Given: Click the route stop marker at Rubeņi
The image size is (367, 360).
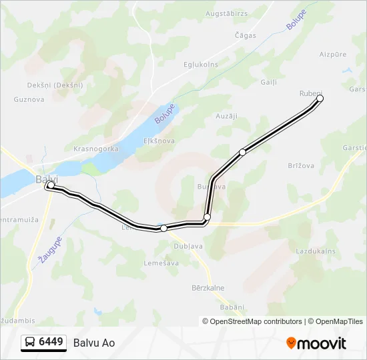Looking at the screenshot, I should pyautogui.click(x=320, y=99).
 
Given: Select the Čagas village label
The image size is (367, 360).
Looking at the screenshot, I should pyautogui.click(x=245, y=35).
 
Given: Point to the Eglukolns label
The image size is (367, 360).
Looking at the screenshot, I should pyautogui.click(x=200, y=65).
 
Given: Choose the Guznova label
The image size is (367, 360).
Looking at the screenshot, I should pyautogui.click(x=29, y=99).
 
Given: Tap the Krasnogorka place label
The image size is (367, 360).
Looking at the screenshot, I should pyautogui.click(x=96, y=149).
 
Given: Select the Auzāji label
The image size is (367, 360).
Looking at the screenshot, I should pyautogui.click(x=227, y=116).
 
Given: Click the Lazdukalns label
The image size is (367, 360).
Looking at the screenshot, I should pyautogui.click(x=315, y=251).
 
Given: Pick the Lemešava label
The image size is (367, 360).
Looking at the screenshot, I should pyautogui.click(x=161, y=263).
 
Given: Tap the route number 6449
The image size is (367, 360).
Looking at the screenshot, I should pyautogui.click(x=51, y=343).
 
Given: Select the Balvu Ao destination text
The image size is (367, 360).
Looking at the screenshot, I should pyautogui.click(x=94, y=343).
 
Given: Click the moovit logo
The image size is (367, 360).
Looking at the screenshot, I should pyautogui.click(x=316, y=343).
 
